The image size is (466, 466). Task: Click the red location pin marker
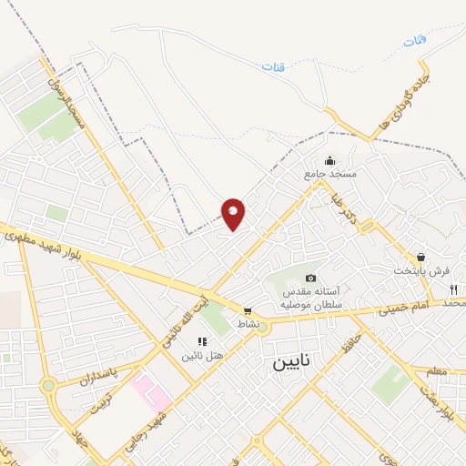pos(233,213)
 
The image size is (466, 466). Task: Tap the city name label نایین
pos(292,361)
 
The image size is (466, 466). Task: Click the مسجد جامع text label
pos(331,173)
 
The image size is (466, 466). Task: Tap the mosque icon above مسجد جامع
pos(329,160)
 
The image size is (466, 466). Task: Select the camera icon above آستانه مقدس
pos(310,278)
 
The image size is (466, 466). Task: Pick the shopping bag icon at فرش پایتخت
pos(420,258)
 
